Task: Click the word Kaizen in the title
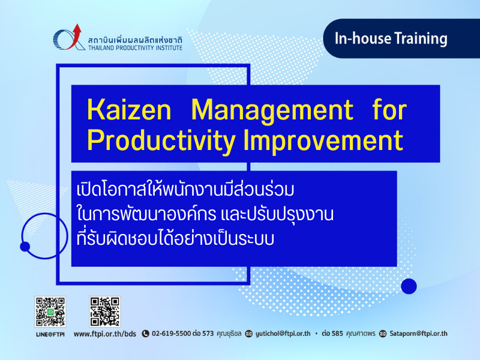pos(129,110)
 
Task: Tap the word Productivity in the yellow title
pos(161,142)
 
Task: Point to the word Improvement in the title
pos(323,142)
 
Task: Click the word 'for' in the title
pos(389,109)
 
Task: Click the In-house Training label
pos(391,38)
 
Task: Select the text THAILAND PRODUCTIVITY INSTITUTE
pos(135,48)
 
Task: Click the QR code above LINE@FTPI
pos(50,311)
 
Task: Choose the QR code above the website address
pos(104,311)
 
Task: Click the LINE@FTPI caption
pos(50,334)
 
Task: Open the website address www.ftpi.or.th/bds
pos(104,334)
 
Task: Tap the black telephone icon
pos(145,334)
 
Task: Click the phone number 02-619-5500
pos(172,334)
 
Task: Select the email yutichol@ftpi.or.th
pos(283,334)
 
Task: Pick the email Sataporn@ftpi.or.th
pos(418,334)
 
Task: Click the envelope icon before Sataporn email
pos(383,334)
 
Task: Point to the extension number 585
pos(337,334)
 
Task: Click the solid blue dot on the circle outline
pos(25,247)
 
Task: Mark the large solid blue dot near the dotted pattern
pos(409,286)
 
